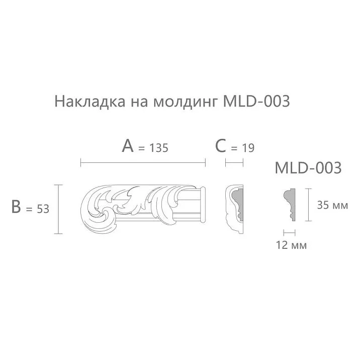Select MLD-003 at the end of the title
click(256, 102)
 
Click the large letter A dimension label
click(128, 146)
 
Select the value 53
click(42, 209)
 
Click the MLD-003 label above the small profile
click(308, 168)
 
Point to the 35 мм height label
click(332, 205)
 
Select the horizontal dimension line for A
click(143, 162)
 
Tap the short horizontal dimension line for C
click(234, 162)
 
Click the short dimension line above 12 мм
click(289, 232)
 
